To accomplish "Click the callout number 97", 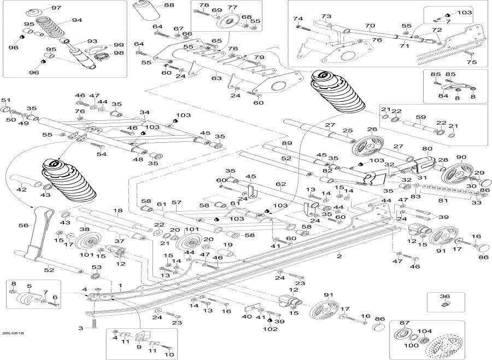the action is [56, 8].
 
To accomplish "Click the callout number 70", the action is [370, 26].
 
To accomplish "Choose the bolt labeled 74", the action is [303, 28].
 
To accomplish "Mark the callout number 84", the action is [443, 96].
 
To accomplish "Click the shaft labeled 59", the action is [419, 126].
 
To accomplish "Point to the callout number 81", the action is [443, 200].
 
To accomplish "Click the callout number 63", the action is [216, 78].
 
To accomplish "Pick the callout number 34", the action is [145, 113].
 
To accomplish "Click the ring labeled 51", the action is [5, 109].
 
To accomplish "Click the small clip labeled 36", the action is [445, 304].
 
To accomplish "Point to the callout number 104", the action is [425, 331].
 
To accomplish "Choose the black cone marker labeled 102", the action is [269, 321].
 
